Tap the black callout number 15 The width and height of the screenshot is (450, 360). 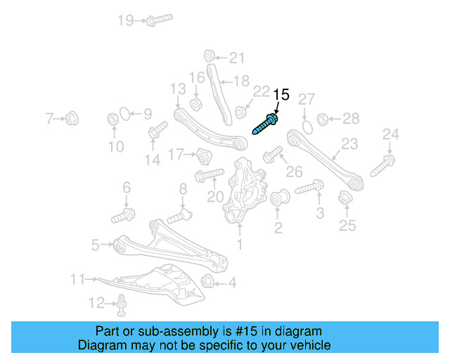(281, 94)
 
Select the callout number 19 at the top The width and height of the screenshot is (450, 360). (125, 20)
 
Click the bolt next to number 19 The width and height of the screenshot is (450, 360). (160, 20)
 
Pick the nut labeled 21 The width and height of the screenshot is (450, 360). (210, 56)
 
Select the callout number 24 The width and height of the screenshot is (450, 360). (390, 134)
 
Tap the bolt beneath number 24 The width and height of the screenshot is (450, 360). (382, 166)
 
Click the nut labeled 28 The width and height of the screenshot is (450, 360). (323, 118)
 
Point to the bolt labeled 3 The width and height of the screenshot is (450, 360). (309, 188)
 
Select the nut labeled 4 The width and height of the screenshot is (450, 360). (208, 283)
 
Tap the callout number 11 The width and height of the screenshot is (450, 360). (77, 280)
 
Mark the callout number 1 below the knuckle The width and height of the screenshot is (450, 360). (239, 245)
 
